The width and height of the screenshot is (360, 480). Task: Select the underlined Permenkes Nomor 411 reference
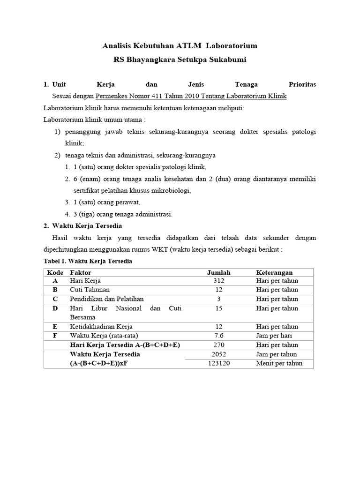pos(191,96)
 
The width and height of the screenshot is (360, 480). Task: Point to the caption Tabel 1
pos(88,261)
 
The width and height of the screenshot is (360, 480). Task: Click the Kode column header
pos(55,272)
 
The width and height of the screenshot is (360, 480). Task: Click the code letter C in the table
pos(55,299)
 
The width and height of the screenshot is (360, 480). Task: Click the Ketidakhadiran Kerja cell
pos(101,326)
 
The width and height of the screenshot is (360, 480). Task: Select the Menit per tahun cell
pos(279,363)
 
